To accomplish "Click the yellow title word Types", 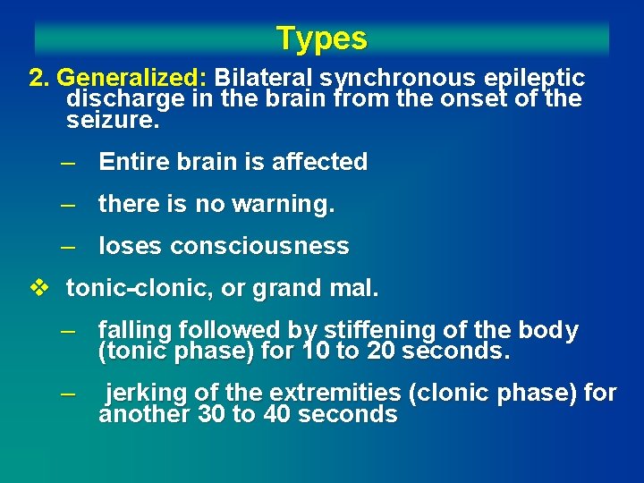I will tap(321, 38).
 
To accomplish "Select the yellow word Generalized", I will tap(131, 78).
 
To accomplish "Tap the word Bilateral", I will tap(266, 78).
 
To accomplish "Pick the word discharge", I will tap(119, 98).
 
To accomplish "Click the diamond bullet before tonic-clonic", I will tap(38, 288).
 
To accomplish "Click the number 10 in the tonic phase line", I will tap(316, 352).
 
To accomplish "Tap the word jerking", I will tap(145, 394).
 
